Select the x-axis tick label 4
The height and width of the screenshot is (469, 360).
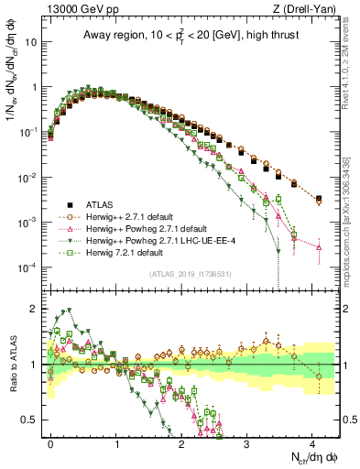[313, 442]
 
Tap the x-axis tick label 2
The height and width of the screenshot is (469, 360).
[182, 442]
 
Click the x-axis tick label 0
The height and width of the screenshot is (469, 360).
[51, 442]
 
